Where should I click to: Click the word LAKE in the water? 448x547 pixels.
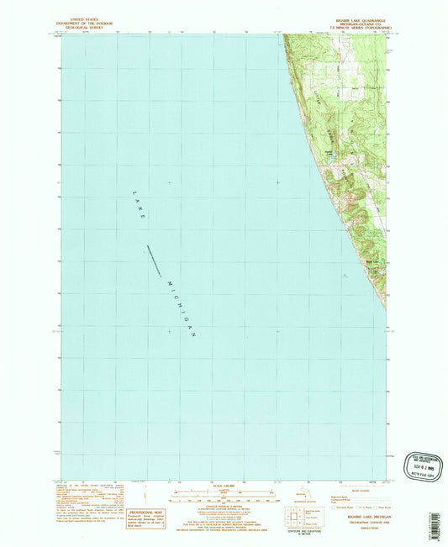(x=140, y=205)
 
